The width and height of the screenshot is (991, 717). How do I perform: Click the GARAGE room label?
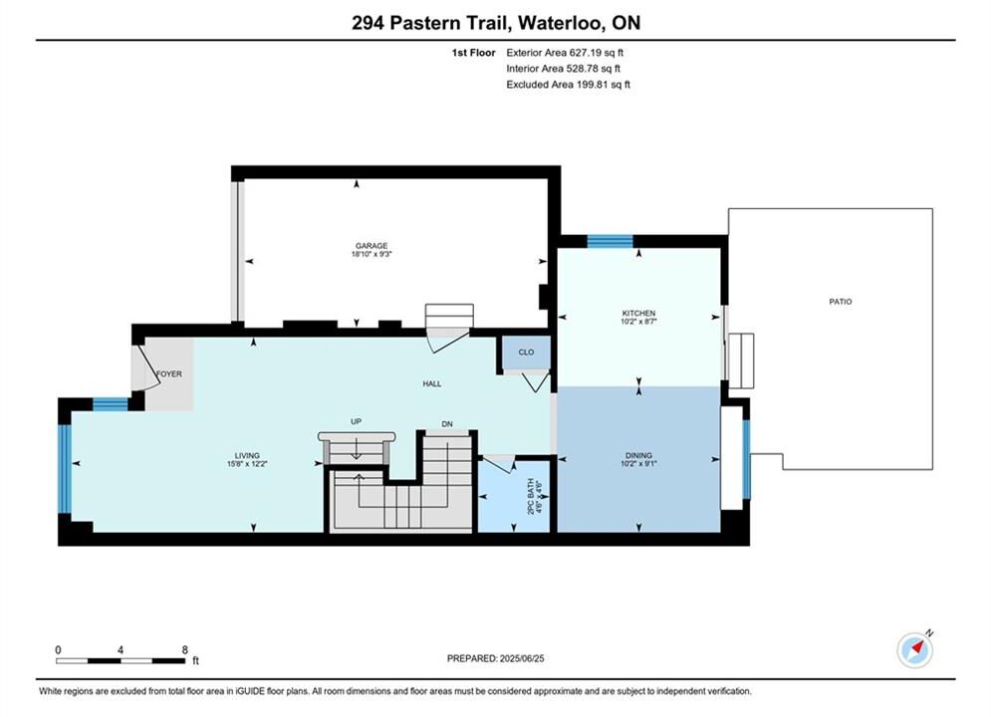tap(372, 246)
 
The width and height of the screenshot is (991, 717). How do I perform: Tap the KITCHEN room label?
tap(639, 314)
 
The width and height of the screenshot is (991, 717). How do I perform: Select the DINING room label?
tap(639, 455)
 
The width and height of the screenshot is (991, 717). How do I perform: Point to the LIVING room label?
tap(247, 455)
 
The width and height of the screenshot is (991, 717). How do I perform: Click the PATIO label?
tap(841, 302)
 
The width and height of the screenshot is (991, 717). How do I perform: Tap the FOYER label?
tap(168, 374)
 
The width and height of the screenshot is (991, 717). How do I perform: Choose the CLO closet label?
tap(527, 353)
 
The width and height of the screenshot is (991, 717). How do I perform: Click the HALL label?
tap(432, 384)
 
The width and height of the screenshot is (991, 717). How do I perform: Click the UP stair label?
tap(356, 422)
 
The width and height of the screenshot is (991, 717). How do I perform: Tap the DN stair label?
tap(447, 424)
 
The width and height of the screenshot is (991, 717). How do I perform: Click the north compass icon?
tap(915, 649)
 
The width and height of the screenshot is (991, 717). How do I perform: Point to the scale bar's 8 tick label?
tap(185, 649)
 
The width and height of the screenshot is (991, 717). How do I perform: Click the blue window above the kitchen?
tap(610, 241)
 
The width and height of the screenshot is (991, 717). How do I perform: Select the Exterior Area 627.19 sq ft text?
tap(565, 53)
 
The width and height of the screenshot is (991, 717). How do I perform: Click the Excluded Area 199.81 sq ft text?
tap(568, 85)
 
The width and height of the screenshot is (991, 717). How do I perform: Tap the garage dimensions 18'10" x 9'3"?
tap(372, 255)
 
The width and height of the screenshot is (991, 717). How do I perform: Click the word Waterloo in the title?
tap(559, 23)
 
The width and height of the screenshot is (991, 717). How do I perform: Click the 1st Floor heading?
tap(473, 53)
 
